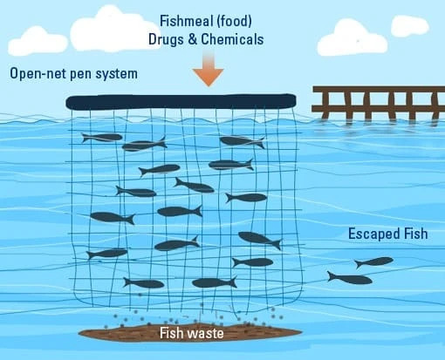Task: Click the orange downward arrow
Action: pyautogui.click(x=208, y=70)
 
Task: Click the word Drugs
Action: pyautogui.click(x=166, y=39)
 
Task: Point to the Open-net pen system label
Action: pyautogui.click(x=73, y=73)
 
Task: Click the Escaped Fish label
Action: pyautogui.click(x=388, y=234)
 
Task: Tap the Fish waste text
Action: pyautogui.click(x=192, y=333)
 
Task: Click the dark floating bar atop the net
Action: pyautogui.click(x=181, y=102)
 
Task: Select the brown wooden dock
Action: pyautogui.click(x=378, y=103)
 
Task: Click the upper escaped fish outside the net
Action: pyautogui.click(x=374, y=262)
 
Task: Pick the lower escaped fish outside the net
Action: pyautogui.click(x=350, y=279)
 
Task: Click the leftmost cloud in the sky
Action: pyautogui.click(x=38, y=41)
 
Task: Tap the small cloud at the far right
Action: pyautogui.click(x=410, y=26)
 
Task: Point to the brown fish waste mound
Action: pyautogui.click(x=190, y=332)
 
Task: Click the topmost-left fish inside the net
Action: pyautogui.click(x=102, y=138)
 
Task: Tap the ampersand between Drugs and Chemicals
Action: pyautogui.click(x=192, y=39)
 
